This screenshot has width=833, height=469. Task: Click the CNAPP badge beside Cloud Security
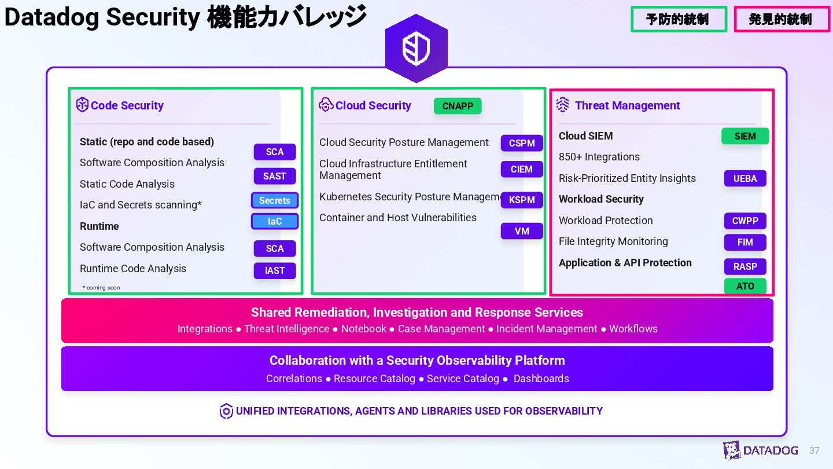pyautogui.click(x=458, y=106)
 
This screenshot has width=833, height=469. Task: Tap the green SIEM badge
pyautogui.click(x=745, y=136)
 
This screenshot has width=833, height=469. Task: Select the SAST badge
pyautogui.click(x=275, y=176)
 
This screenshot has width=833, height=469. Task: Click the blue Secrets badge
pyautogui.click(x=275, y=200)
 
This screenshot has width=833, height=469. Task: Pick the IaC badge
pyautogui.click(x=275, y=221)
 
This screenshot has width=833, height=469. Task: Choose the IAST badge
pyautogui.click(x=275, y=270)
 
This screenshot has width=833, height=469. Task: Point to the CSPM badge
pyautogui.click(x=522, y=143)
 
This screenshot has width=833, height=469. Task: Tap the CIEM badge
pyautogui.click(x=522, y=169)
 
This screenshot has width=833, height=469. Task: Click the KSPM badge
pyautogui.click(x=522, y=200)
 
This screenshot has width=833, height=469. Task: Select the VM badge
pyautogui.click(x=522, y=231)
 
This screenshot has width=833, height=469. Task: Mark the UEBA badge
pyautogui.click(x=745, y=178)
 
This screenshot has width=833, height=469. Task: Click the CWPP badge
pyautogui.click(x=745, y=221)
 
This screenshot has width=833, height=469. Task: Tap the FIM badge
pyautogui.click(x=745, y=242)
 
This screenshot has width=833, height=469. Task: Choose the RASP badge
pyautogui.click(x=745, y=266)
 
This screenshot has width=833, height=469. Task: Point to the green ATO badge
pyautogui.click(x=745, y=286)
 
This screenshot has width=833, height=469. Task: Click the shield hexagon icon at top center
pyautogui.click(x=417, y=49)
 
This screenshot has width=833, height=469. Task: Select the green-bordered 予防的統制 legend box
pyautogui.click(x=679, y=19)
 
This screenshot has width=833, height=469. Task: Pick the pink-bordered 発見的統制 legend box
pyautogui.click(x=782, y=19)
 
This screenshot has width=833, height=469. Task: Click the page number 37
pyautogui.click(x=814, y=450)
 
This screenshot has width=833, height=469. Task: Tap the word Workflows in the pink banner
pyautogui.click(x=633, y=329)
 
